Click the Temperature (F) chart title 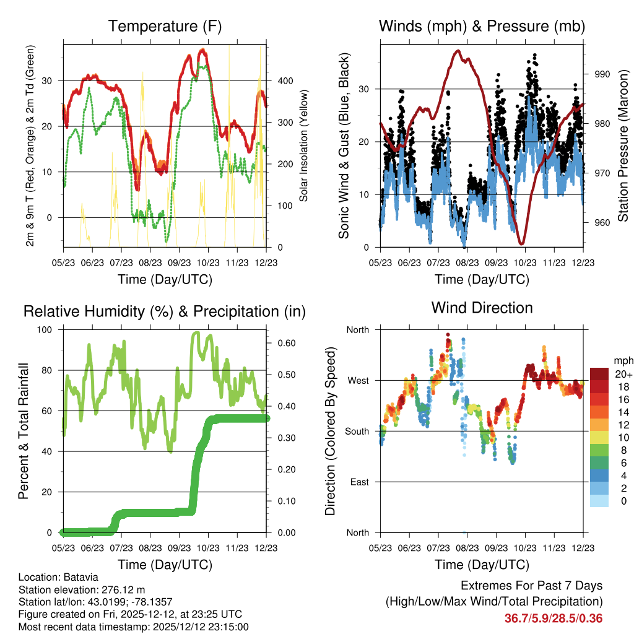[165, 26]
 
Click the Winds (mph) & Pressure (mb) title [482, 26]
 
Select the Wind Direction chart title [482, 308]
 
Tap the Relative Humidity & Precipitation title [165, 312]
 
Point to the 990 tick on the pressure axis [602, 74]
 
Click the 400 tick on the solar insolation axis [285, 81]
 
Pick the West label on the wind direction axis [358, 381]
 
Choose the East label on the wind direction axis [360, 482]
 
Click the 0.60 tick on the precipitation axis [287, 343]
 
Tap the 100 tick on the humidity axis [45, 330]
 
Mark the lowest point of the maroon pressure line [521, 243]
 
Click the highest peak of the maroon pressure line [458, 51]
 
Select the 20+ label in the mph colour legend [623, 374]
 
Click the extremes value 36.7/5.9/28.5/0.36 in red [554, 619]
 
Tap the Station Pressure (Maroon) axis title [623, 145]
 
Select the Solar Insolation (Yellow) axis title [303, 145]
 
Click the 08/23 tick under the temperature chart [150, 263]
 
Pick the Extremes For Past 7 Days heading [532, 586]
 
